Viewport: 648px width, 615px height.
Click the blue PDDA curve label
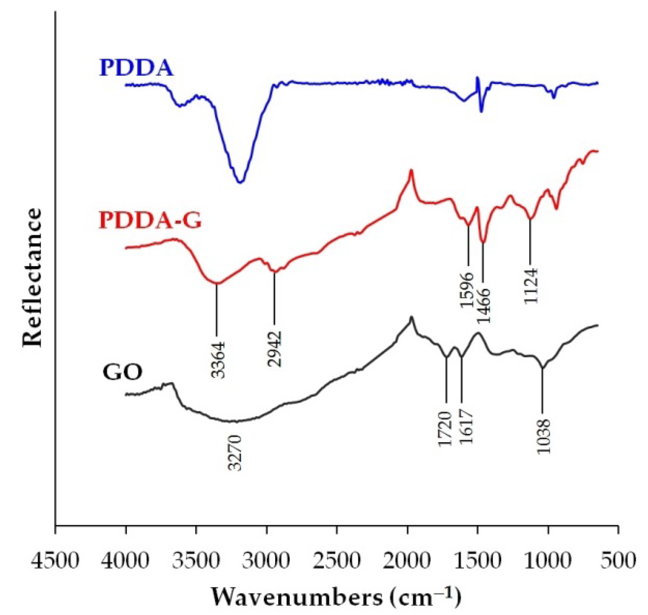(x=136, y=68)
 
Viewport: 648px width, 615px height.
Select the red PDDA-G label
(x=150, y=220)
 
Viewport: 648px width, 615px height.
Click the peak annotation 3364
(x=218, y=360)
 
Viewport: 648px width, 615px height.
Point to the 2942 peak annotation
(x=274, y=349)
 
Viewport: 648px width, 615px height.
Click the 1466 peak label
(x=484, y=305)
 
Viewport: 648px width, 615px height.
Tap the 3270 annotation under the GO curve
(x=235, y=453)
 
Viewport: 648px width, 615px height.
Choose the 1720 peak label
(x=445, y=428)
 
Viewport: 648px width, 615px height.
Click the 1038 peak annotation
(x=543, y=436)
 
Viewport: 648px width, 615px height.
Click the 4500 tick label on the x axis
(x=55, y=561)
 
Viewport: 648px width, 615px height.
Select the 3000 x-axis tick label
(x=267, y=561)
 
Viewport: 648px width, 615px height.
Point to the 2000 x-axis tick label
(x=407, y=561)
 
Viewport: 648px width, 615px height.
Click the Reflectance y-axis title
(x=32, y=277)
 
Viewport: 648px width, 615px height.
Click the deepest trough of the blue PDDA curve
(x=240, y=182)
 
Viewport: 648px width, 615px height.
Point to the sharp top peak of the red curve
(x=411, y=171)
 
